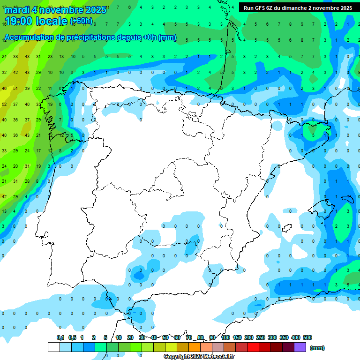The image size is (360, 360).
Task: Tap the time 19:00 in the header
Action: point(18,21)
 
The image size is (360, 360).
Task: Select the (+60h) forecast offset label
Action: point(81,21)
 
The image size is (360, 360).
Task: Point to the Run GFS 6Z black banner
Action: point(298,8)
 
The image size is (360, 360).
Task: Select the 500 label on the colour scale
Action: point(307,337)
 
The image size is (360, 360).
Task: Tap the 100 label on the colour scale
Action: point(225,337)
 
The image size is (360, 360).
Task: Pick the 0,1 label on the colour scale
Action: point(60,337)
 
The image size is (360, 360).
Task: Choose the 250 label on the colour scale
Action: point(261,337)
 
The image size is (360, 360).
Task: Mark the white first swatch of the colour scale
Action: point(53,347)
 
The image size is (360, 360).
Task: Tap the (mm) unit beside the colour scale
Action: point(317,348)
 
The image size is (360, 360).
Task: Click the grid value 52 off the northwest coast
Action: point(4,105)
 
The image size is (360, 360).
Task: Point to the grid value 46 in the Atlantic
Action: point(4,88)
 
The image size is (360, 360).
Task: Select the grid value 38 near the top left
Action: point(15,57)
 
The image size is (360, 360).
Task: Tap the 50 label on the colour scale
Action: point(165,337)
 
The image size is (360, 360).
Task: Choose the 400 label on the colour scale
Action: point(296,337)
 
